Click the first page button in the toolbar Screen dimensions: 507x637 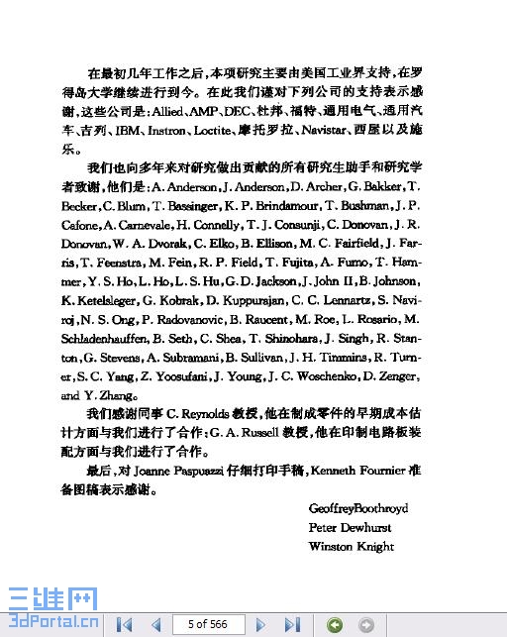pyautogui.click(x=125, y=624)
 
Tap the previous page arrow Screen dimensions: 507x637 pyautogui.click(x=155, y=624)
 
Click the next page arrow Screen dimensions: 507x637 pyautogui.click(x=260, y=624)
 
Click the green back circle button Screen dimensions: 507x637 pyautogui.click(x=335, y=624)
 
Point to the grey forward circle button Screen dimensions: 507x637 pyautogui.click(x=366, y=624)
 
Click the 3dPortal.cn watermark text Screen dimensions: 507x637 pyautogui.click(x=50, y=624)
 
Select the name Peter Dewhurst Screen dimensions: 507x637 pyautogui.click(x=350, y=527)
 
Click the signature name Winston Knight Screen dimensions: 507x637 pyautogui.click(x=352, y=546)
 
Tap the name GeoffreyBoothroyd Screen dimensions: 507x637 pyautogui.click(x=358, y=508)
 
